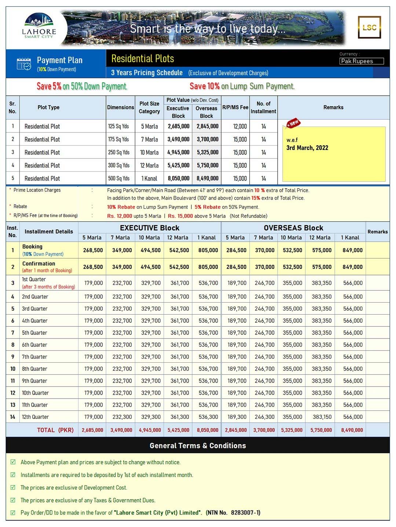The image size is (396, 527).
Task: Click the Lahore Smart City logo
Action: [x=39, y=26]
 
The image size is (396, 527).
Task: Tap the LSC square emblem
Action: [x=369, y=28]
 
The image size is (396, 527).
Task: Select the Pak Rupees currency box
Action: [x=362, y=61]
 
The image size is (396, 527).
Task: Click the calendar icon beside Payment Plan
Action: [x=24, y=64]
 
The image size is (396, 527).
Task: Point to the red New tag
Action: [x=293, y=123]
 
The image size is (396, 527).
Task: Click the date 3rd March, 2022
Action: [x=307, y=148]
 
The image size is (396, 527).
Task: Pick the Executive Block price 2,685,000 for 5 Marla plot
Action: [x=179, y=126]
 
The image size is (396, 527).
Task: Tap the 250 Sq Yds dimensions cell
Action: [x=118, y=152]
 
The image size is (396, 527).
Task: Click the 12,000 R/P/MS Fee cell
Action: [x=240, y=126]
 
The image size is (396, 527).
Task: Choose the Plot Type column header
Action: [x=48, y=107]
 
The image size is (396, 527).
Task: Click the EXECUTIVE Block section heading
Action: [x=150, y=228]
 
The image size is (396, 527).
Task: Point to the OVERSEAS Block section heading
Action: [x=293, y=228]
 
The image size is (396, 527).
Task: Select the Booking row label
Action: [x=32, y=247]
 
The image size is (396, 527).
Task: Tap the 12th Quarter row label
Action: [x=35, y=417]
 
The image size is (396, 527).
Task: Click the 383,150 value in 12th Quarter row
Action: [x=322, y=417]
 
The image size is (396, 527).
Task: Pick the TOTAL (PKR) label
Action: [x=55, y=430]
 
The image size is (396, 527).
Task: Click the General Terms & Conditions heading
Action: [x=198, y=446]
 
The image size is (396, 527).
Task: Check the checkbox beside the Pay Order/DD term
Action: [x=13, y=513]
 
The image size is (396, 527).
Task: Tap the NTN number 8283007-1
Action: [x=245, y=513]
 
